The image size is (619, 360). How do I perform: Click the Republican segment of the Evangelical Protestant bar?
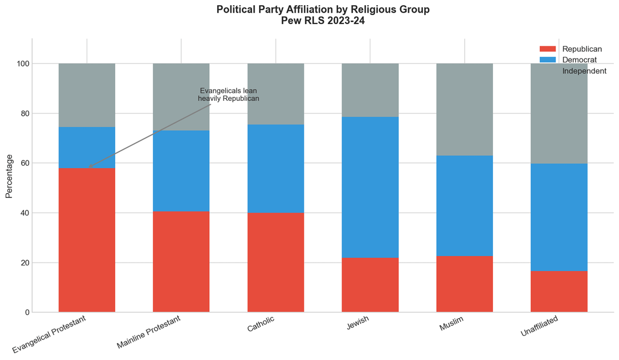(x=87, y=240)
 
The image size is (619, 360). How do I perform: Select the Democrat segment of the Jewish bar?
(x=370, y=187)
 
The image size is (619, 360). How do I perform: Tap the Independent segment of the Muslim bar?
(x=464, y=109)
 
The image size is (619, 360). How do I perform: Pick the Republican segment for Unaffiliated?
(x=559, y=292)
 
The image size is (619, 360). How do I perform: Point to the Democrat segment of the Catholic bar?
(x=276, y=169)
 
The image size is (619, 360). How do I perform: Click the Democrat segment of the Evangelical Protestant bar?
(x=87, y=147)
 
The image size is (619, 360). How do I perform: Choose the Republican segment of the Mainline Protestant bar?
(x=181, y=262)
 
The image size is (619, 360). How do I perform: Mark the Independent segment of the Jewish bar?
(x=370, y=90)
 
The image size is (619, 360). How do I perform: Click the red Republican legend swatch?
(x=549, y=49)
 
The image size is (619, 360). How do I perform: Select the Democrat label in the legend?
(x=579, y=60)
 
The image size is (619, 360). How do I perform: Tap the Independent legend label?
(x=584, y=71)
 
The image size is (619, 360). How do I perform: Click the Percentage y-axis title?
(x=9, y=176)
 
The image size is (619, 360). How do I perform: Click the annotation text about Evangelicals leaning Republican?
(x=229, y=95)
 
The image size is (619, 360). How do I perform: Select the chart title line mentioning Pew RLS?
(x=323, y=21)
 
